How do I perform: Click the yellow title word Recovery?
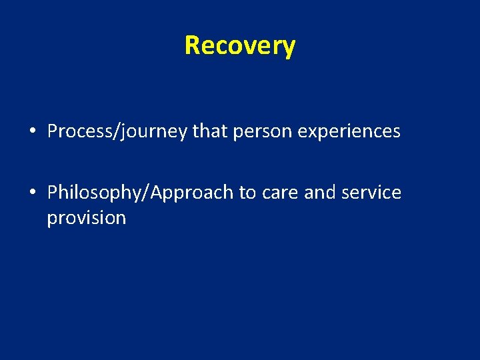(x=239, y=46)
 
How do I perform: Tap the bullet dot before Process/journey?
(x=33, y=132)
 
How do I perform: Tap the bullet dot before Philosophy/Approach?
(x=33, y=193)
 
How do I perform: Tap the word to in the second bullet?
(x=247, y=193)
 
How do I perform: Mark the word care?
(x=280, y=193)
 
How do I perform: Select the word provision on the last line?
(x=86, y=219)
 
